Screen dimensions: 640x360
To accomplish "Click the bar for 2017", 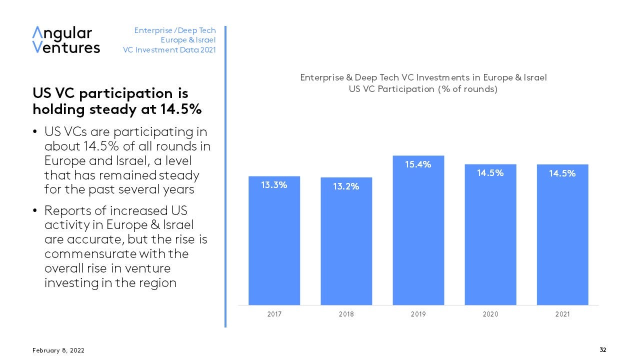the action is [274, 240].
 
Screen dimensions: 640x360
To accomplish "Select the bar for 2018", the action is [346, 241].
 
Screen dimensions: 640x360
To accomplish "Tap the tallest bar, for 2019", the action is [418, 230].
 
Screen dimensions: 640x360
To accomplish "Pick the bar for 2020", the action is [490, 234].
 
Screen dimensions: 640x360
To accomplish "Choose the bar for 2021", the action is [562, 234].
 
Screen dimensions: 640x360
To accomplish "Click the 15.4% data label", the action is [418, 164].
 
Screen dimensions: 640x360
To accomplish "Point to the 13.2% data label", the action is [346, 186].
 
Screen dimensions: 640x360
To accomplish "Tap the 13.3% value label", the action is [274, 185].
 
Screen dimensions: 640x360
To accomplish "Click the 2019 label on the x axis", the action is [418, 314].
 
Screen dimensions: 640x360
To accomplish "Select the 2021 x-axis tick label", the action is [562, 314].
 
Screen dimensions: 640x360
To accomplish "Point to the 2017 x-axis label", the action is [274, 314].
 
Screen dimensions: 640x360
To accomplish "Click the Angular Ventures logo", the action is [66, 39].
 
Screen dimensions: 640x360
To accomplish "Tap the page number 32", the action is [603, 350].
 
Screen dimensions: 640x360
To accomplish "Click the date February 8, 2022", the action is [58, 350].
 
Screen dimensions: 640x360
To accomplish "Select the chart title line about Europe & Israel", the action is [423, 77].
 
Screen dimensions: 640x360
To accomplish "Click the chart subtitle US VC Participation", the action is [423, 89].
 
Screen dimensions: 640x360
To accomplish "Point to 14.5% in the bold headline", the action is [181, 109].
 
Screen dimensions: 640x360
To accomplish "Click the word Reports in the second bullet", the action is [67, 211].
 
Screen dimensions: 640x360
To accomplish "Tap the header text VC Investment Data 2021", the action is [169, 50].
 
